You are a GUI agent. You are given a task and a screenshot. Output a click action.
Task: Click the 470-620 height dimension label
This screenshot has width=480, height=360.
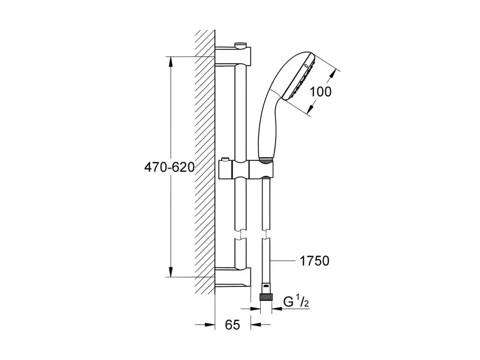click(x=169, y=167)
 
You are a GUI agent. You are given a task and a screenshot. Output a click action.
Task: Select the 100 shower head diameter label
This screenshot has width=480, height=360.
click(x=321, y=92)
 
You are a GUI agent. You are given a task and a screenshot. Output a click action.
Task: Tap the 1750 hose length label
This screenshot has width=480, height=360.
click(x=314, y=261)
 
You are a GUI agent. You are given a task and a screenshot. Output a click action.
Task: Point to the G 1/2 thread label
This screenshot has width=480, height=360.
click(x=296, y=302)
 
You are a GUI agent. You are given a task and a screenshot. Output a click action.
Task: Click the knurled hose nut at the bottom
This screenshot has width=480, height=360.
click(x=265, y=298)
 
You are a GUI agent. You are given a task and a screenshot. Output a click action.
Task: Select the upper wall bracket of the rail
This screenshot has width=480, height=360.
click(x=233, y=56)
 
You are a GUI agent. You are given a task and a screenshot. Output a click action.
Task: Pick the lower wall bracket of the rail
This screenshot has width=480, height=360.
click(x=233, y=277)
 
